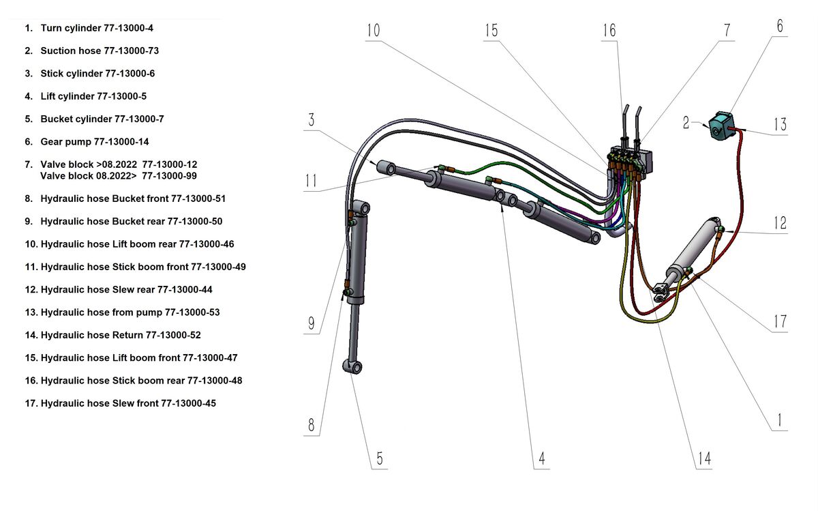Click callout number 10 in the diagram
(x=373, y=31)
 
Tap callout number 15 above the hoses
(x=491, y=31)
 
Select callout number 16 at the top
(x=609, y=31)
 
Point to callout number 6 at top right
(x=780, y=26)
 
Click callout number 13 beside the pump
(x=780, y=124)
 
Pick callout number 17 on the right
(x=780, y=321)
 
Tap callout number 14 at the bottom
(x=704, y=458)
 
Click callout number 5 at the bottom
(x=380, y=458)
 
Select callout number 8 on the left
(x=312, y=425)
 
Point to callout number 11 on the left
(x=311, y=181)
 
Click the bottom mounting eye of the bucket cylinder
(x=356, y=367)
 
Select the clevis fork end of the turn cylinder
(x=661, y=292)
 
